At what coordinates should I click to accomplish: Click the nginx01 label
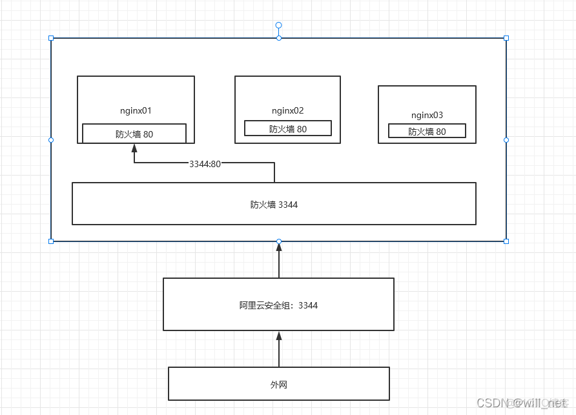tap(136, 110)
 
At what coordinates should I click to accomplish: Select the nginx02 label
tap(287, 110)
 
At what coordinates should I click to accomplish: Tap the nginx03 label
tap(427, 115)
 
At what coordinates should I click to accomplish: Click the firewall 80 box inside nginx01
tap(134, 134)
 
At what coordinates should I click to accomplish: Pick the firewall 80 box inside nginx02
tap(288, 128)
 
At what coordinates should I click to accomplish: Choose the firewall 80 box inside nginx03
tap(427, 131)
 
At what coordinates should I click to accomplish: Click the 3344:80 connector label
tap(205, 164)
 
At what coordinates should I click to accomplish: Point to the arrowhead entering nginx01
tap(134, 148)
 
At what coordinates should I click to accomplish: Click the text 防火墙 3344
tap(274, 205)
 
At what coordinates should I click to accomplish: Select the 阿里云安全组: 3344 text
tap(278, 305)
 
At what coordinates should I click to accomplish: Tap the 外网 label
tap(278, 385)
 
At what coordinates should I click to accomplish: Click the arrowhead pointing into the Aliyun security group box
tap(279, 336)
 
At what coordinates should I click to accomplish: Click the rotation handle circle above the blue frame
tap(279, 25)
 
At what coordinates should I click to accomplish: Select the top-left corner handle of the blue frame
tap(51, 38)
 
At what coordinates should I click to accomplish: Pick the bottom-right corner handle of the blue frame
tap(506, 241)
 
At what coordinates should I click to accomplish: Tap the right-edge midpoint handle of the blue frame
tap(506, 139)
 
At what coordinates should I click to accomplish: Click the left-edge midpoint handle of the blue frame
tap(51, 139)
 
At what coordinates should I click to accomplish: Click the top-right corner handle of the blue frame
tap(506, 38)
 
